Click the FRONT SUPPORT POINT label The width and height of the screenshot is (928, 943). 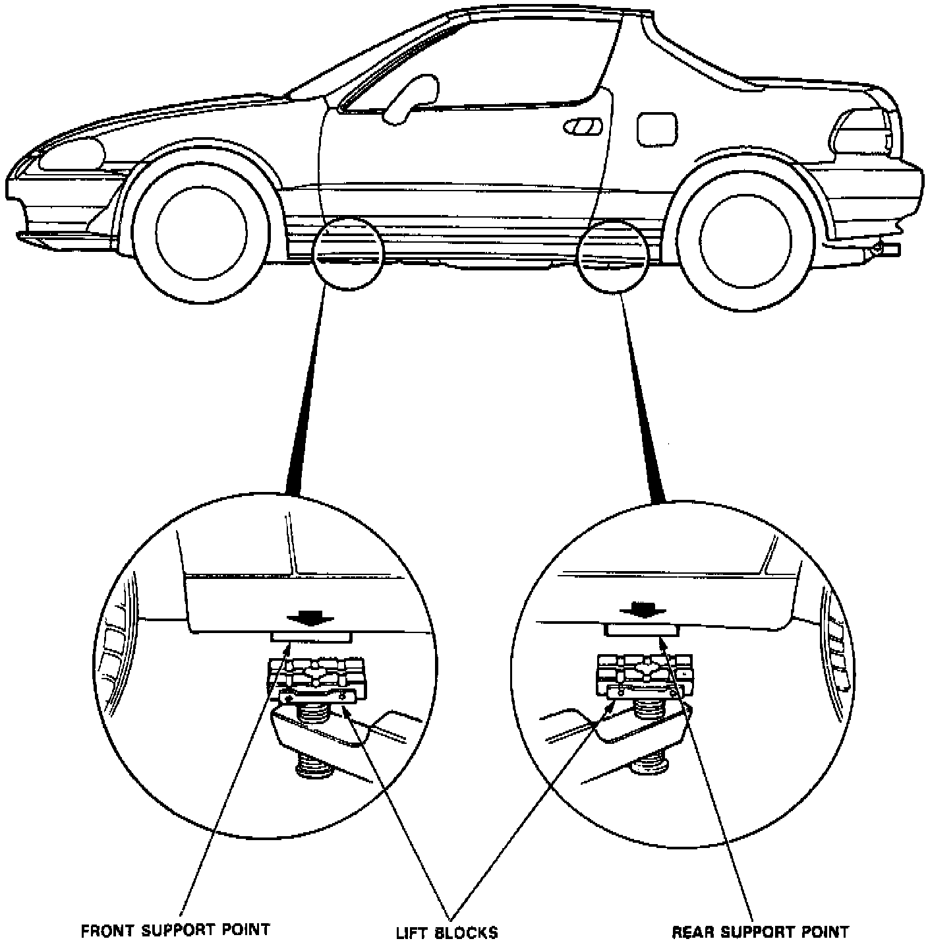pos(175,930)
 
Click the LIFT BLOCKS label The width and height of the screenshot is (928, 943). pos(446,932)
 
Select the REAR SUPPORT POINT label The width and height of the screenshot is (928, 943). pos(760,932)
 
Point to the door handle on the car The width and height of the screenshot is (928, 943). pos(583,127)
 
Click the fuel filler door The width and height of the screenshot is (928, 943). pos(657,128)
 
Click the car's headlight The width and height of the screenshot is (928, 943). pos(71,154)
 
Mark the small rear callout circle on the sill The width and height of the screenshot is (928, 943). pos(613,255)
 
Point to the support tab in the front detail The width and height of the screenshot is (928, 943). pos(310,637)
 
